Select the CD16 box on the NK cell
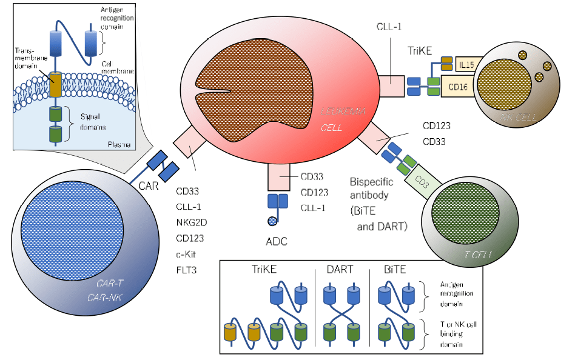457,87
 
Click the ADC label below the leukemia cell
276,241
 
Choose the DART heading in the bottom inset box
341,268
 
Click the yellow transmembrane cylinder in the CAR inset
55,85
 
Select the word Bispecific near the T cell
372,181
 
